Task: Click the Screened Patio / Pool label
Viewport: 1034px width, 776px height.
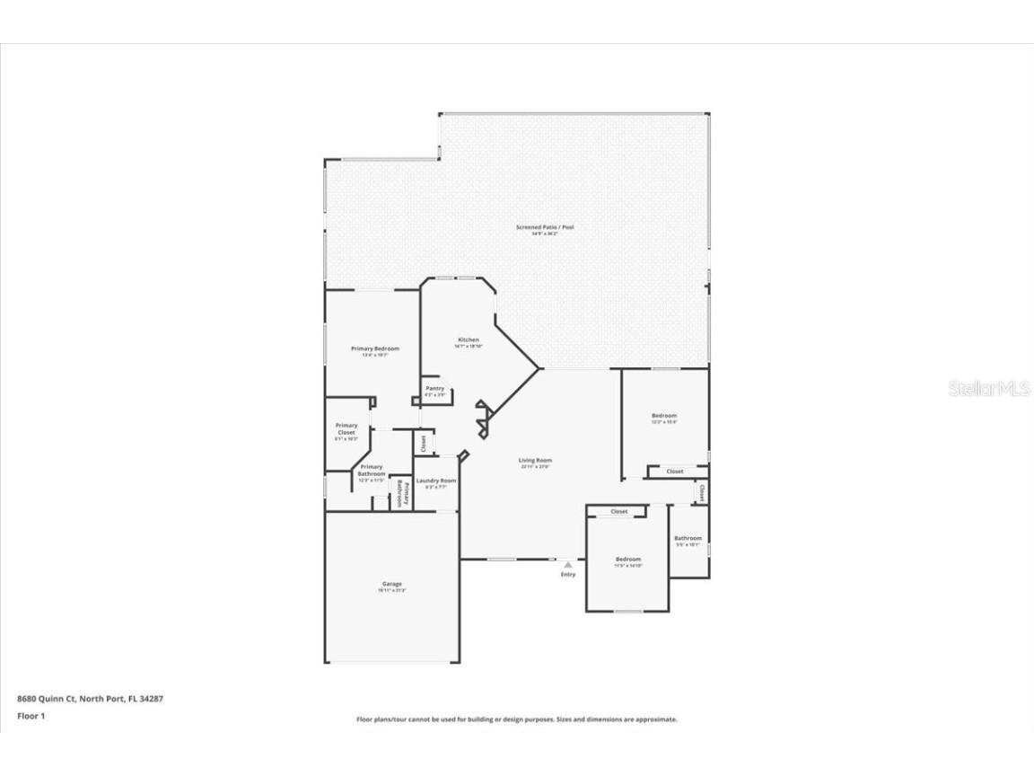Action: [x=544, y=227]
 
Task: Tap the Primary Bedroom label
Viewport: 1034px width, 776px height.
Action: [x=374, y=348]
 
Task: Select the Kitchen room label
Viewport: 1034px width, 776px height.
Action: [x=468, y=340]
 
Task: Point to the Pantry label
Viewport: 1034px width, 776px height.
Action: [x=434, y=389]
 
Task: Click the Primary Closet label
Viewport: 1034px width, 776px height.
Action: [x=346, y=429]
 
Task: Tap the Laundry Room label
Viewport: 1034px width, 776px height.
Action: [x=435, y=481]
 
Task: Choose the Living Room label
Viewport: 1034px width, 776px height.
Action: [x=535, y=461]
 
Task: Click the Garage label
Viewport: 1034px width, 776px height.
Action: [x=392, y=584]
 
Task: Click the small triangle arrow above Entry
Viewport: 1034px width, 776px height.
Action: [x=567, y=565]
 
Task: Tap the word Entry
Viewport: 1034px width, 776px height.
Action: [x=568, y=575]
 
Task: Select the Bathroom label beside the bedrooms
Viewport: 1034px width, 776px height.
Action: [x=688, y=539]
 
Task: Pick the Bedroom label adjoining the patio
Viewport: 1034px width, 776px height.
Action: [x=664, y=416]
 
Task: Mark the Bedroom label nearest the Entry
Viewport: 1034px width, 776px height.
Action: [x=627, y=560]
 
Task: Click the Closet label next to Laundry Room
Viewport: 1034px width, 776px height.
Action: [x=424, y=443]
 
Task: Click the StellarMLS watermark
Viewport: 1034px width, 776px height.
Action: [x=989, y=389]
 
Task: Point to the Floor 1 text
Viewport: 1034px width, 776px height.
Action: [x=31, y=716]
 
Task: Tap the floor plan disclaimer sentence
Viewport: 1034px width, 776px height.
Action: [x=516, y=719]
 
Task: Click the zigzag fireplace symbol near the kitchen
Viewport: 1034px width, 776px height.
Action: [x=483, y=419]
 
